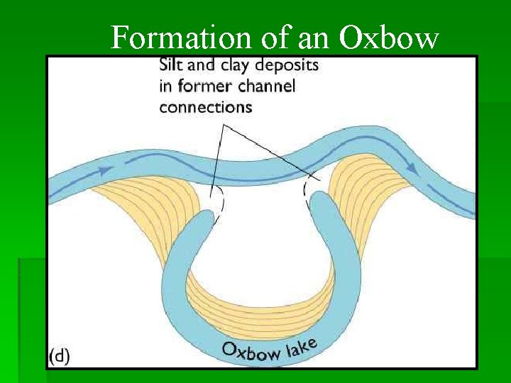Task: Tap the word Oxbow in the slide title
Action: pyautogui.click(x=389, y=38)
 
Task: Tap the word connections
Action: pyautogui.click(x=205, y=107)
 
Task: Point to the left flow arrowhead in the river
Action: pyautogui.click(x=104, y=170)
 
